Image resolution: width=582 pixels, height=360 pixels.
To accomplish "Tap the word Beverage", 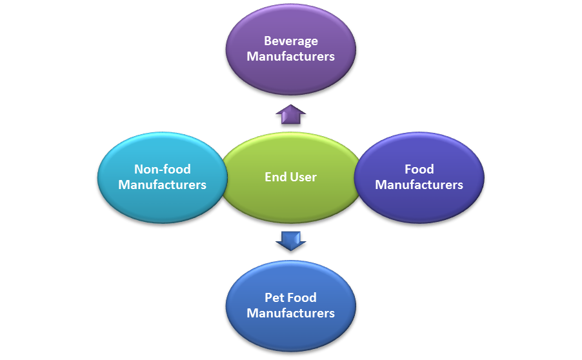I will tap(290, 41).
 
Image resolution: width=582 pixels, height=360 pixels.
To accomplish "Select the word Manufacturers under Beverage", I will tap(290, 57).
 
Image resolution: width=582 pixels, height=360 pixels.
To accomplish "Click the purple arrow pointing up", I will tap(290, 114).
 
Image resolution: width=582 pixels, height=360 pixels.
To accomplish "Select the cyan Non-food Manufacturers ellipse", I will tap(161, 200).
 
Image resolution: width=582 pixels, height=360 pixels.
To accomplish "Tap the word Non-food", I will tap(163, 169).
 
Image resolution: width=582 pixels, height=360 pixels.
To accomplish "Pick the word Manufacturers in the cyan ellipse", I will tap(163, 185).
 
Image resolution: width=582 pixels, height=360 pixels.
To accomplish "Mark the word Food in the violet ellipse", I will tap(419, 169).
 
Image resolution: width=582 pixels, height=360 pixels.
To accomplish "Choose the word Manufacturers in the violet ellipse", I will tap(419, 185).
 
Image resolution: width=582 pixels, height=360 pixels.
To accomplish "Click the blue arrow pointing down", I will tap(290, 241).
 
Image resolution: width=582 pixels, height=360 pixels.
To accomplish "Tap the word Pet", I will tap(274, 297).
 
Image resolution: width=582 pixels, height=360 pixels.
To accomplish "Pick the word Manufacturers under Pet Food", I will tap(290, 314).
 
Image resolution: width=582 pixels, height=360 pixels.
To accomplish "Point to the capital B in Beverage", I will tap(267, 41).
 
